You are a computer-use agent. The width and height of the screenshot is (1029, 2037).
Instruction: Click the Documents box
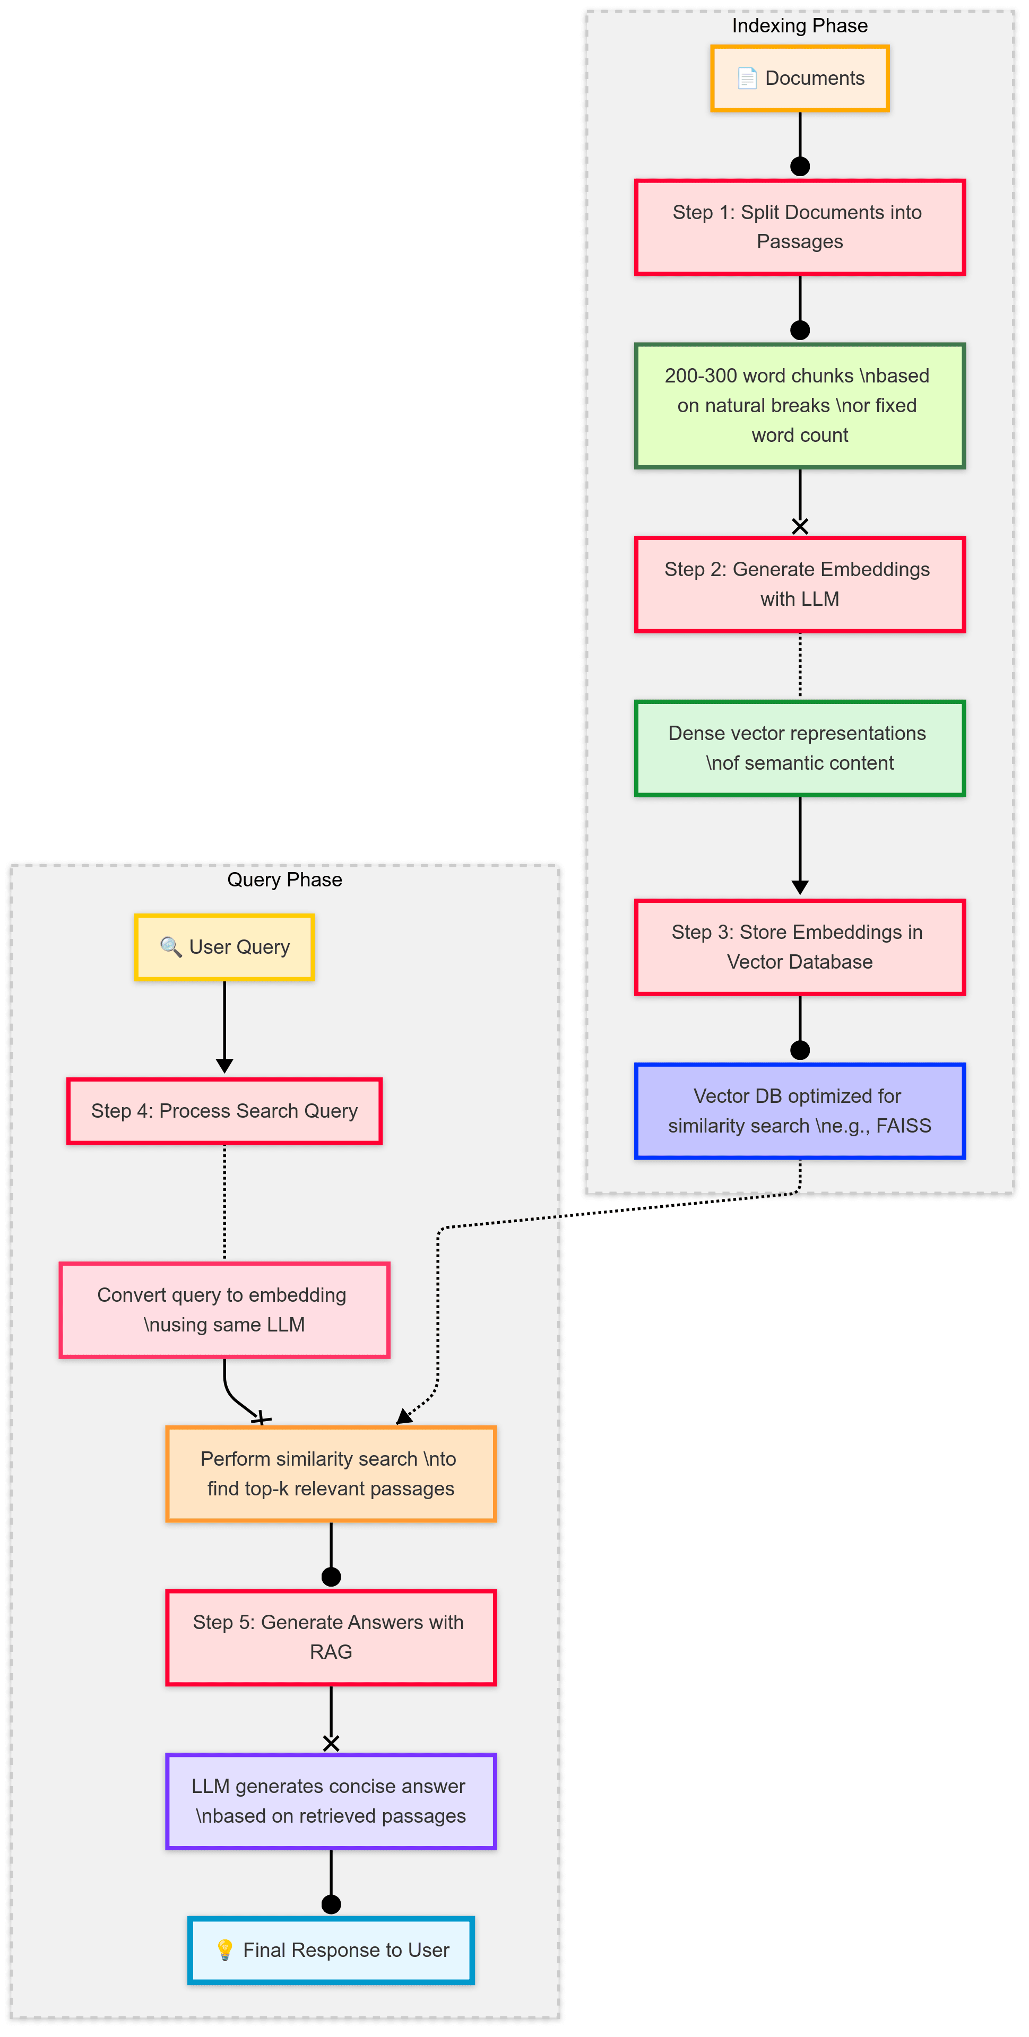pyautogui.click(x=800, y=79)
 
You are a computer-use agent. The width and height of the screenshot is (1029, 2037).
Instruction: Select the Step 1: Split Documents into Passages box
pyautogui.click(x=800, y=227)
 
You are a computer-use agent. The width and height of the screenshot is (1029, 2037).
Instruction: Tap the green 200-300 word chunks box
pyautogui.click(x=800, y=406)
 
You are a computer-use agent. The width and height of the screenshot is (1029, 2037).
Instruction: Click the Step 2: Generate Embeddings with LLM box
pyautogui.click(x=800, y=585)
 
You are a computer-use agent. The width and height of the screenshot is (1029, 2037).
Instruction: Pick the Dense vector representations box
pyautogui.click(x=800, y=748)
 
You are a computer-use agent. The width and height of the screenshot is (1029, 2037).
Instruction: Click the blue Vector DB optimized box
pyautogui.click(x=800, y=1111)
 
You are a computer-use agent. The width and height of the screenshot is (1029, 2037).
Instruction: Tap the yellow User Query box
pyautogui.click(x=224, y=947)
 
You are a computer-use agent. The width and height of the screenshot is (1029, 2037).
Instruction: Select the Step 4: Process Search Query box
pyautogui.click(x=224, y=1111)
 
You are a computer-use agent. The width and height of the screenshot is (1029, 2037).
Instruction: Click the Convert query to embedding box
pyautogui.click(x=224, y=1310)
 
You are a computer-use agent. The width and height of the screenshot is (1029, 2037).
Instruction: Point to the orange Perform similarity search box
pyautogui.click(x=331, y=1474)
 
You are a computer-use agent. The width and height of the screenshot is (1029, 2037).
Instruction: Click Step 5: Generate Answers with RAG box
pyautogui.click(x=331, y=1637)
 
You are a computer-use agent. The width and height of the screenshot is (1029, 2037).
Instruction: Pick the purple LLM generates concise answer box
pyautogui.click(x=331, y=1801)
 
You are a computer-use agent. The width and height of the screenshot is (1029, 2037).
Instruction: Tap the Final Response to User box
pyautogui.click(x=331, y=1950)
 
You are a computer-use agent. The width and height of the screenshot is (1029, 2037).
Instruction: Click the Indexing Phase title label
pyautogui.click(x=800, y=26)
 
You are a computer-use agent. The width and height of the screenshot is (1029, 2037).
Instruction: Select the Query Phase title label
pyautogui.click(x=285, y=880)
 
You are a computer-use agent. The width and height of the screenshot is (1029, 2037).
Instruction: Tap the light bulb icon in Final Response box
pyautogui.click(x=224, y=1950)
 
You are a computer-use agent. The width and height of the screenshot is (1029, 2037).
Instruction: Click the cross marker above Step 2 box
pyautogui.click(x=800, y=526)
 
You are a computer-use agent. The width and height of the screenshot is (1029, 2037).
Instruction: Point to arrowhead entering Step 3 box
pyautogui.click(x=800, y=888)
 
